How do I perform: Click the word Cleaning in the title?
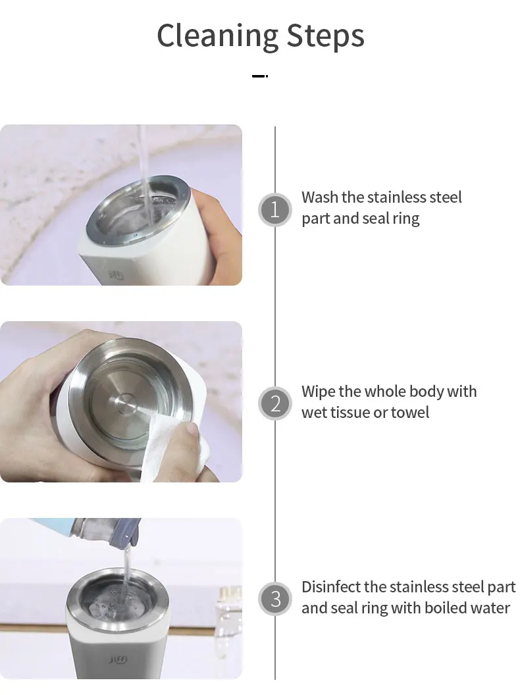[x=218, y=36]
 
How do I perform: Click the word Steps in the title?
[x=326, y=36]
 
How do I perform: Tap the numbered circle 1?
[x=275, y=210]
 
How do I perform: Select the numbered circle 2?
[x=275, y=404]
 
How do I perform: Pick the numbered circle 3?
[x=275, y=599]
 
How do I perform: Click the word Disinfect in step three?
[x=331, y=587]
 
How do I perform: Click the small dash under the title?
[x=260, y=76]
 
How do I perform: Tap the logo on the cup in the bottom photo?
[x=118, y=660]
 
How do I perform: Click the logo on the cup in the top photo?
[x=117, y=275]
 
